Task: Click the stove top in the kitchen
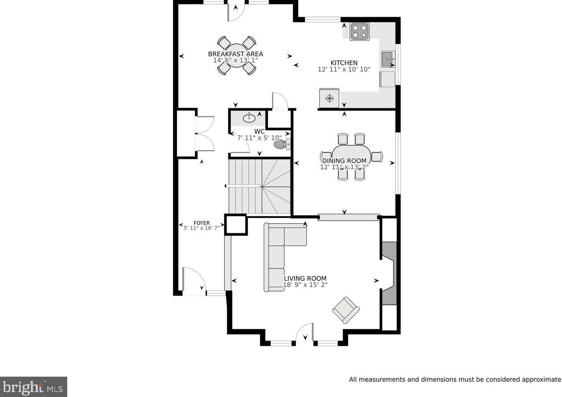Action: click(360, 31)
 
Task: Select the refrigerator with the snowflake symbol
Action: click(329, 98)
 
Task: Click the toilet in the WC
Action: click(282, 145)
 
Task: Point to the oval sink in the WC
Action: click(249, 118)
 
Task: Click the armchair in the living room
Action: click(346, 310)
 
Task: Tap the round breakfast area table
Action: click(236, 55)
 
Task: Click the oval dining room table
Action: click(351, 157)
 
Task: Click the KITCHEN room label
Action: click(344, 63)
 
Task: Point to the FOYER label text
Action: click(202, 223)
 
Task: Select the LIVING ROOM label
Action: click(305, 278)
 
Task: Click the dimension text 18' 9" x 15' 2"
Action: click(306, 285)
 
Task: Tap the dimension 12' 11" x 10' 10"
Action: click(344, 69)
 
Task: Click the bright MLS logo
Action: click(33, 387)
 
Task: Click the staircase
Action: click(259, 186)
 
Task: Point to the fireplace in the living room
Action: click(389, 274)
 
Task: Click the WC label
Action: click(259, 132)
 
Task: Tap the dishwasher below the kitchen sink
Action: click(387, 79)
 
